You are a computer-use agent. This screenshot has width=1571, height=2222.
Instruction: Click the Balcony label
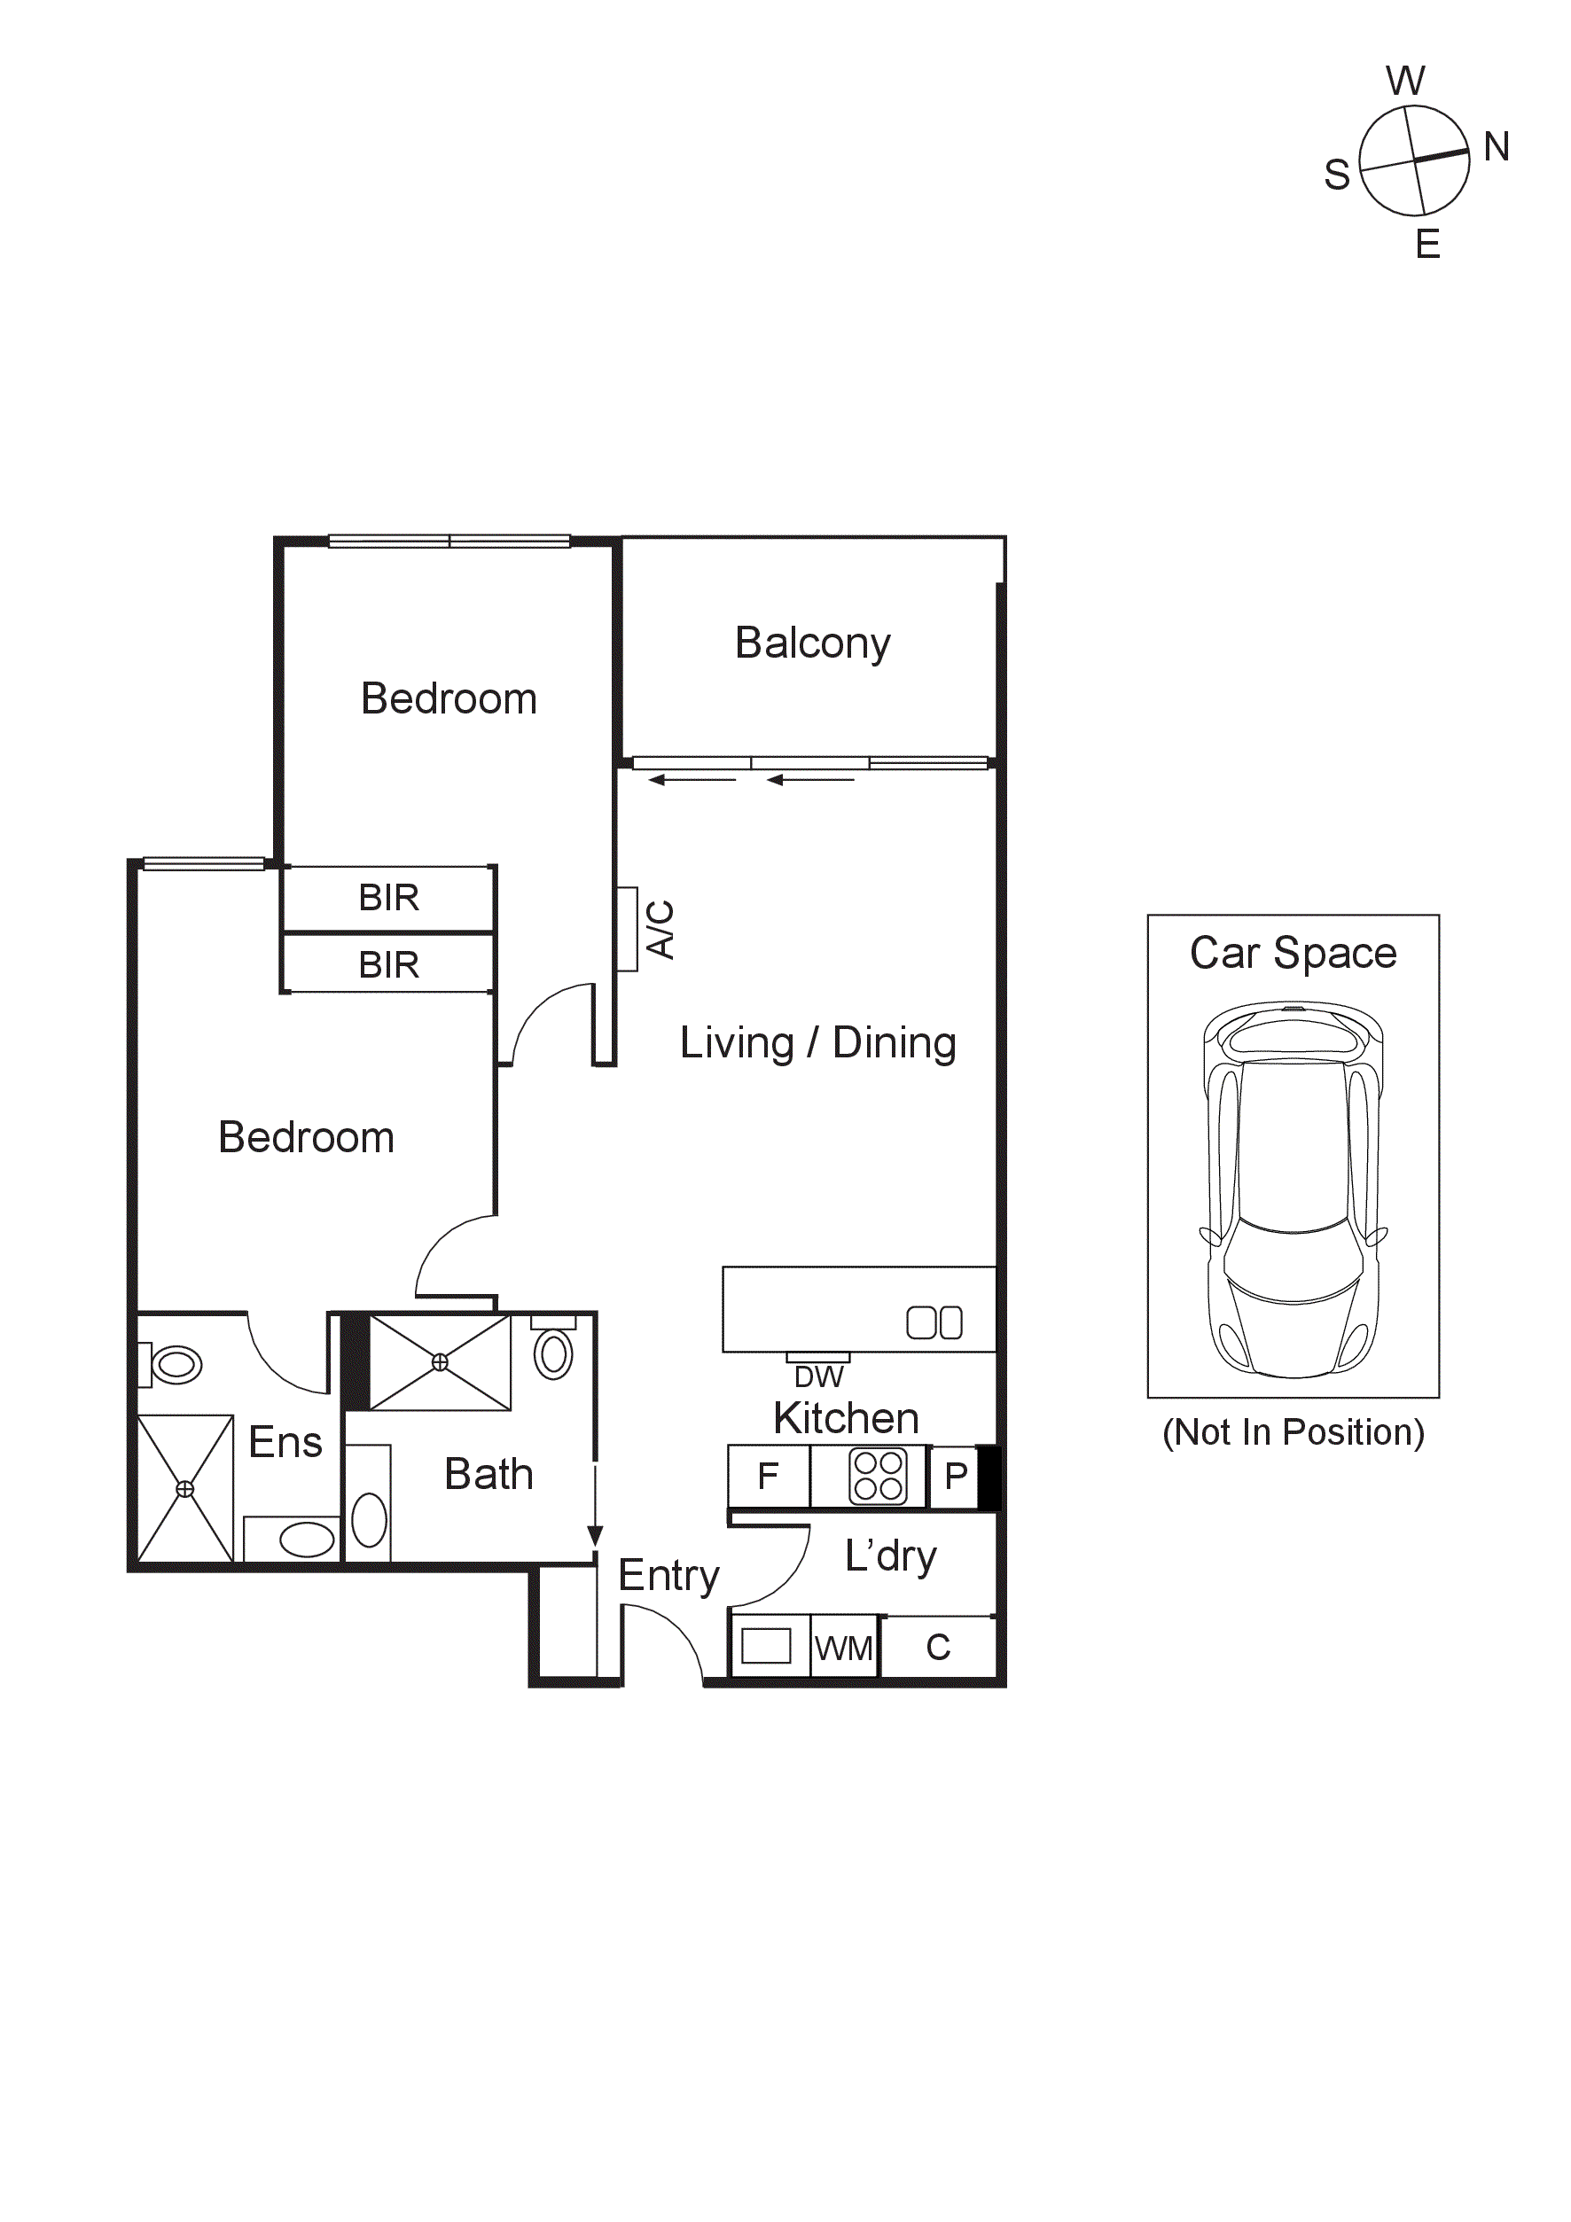pyautogui.click(x=811, y=643)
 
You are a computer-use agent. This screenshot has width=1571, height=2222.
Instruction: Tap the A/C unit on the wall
pyautogui.click(x=627, y=928)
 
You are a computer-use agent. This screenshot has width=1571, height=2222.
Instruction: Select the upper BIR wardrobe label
pyautogui.click(x=388, y=897)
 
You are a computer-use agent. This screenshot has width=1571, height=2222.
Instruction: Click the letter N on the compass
pyautogui.click(x=1496, y=147)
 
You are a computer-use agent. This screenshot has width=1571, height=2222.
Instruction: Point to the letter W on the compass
pyautogui.click(x=1404, y=82)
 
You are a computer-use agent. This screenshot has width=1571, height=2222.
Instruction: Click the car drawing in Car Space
pyautogui.click(x=1293, y=1189)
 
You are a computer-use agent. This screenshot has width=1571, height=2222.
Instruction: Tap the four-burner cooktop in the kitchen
pyautogui.click(x=878, y=1476)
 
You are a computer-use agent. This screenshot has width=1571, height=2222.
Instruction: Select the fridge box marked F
pyautogui.click(x=768, y=1476)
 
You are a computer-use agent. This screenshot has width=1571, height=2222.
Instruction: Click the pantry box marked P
pyautogui.click(x=955, y=1476)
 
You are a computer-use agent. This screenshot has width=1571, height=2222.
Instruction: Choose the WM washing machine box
pyautogui.click(x=843, y=1647)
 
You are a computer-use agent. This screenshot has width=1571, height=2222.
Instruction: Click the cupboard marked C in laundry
pyautogui.click(x=937, y=1647)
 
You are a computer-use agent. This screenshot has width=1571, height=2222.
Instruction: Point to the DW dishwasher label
pyautogui.click(x=818, y=1376)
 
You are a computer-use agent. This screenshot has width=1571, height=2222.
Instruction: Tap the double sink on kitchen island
pyautogui.click(x=934, y=1322)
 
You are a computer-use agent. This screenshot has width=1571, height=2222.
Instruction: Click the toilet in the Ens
pyautogui.click(x=175, y=1365)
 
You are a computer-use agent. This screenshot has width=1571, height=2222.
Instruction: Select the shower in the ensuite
pyautogui.click(x=185, y=1488)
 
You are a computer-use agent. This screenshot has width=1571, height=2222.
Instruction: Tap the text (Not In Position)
pyautogui.click(x=1293, y=1432)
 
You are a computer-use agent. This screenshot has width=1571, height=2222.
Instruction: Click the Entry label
pyautogui.click(x=668, y=1576)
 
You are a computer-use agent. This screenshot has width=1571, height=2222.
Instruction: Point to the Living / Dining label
pyautogui.click(x=818, y=1043)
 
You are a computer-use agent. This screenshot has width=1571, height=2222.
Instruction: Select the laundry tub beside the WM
pyautogui.click(x=766, y=1645)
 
